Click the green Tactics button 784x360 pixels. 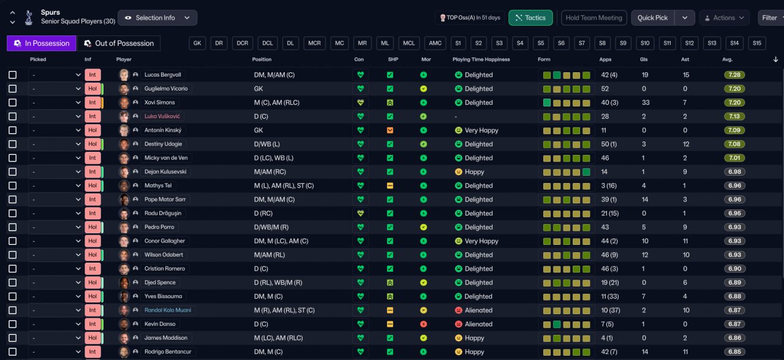click(530, 18)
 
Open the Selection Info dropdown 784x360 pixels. click(157, 18)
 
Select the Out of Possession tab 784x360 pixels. click(119, 43)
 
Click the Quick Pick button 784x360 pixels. click(652, 18)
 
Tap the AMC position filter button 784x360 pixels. click(435, 43)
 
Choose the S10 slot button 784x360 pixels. click(645, 43)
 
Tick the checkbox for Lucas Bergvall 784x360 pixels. click(13, 75)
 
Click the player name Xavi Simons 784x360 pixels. click(160, 102)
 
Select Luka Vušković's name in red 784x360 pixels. click(162, 116)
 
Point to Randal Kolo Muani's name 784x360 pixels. click(168, 310)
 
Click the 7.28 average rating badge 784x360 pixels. click(734, 75)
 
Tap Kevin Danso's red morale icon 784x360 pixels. click(423, 324)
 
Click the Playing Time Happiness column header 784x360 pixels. click(481, 59)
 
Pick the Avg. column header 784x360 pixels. click(727, 59)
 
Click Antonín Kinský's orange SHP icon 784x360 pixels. click(390, 130)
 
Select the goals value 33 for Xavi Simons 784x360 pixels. click(646, 102)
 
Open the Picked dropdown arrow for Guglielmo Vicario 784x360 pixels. click(78, 89)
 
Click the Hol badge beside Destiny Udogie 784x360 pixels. click(92, 144)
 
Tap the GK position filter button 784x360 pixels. click(197, 43)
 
